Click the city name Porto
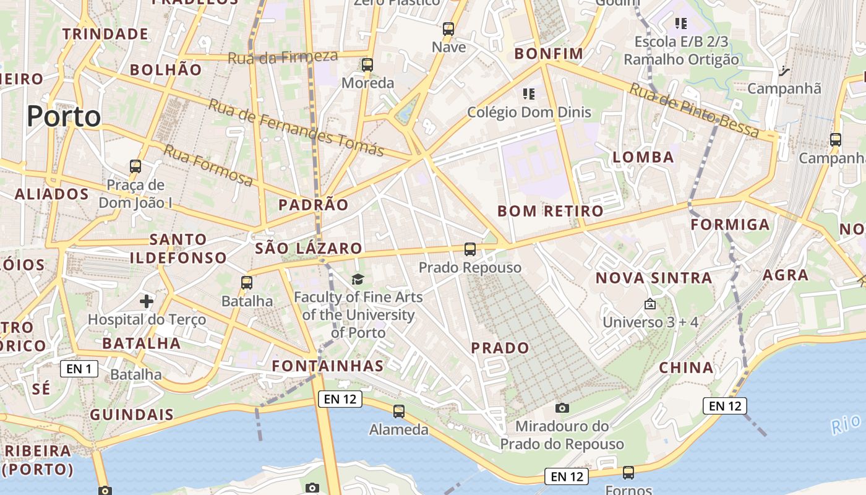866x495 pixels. click(64, 116)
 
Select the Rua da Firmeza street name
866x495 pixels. click(283, 58)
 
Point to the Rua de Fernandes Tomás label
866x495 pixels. click(296, 127)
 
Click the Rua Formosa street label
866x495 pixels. click(208, 165)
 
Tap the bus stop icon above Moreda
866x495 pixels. click(367, 65)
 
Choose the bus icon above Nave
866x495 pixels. click(448, 29)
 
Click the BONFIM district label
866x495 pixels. click(549, 54)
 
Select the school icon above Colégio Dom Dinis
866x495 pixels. click(529, 94)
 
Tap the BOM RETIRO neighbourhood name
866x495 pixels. click(551, 211)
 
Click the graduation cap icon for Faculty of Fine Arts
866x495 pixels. click(358, 280)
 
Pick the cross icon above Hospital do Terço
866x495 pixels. click(147, 301)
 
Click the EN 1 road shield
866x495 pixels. click(79, 369)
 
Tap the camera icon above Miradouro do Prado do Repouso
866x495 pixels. click(562, 408)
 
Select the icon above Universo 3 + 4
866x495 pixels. click(650, 304)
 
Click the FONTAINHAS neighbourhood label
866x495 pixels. click(328, 366)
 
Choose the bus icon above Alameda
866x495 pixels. click(399, 411)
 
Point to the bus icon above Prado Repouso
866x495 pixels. click(470, 249)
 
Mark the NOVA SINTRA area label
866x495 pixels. click(654, 278)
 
